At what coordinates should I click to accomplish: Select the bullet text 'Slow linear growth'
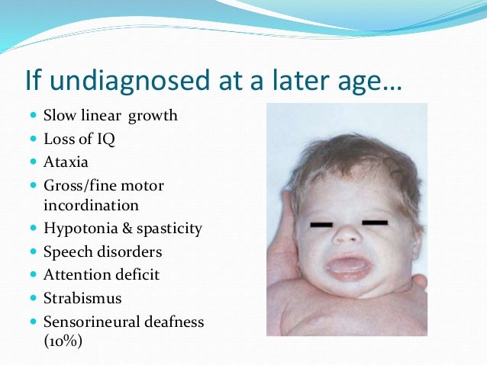[x=110, y=116]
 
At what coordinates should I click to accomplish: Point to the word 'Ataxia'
[x=65, y=162]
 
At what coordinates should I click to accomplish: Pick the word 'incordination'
[x=91, y=205]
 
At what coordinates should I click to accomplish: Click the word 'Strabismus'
[x=82, y=297]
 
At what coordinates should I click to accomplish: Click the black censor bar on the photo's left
[x=326, y=226]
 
